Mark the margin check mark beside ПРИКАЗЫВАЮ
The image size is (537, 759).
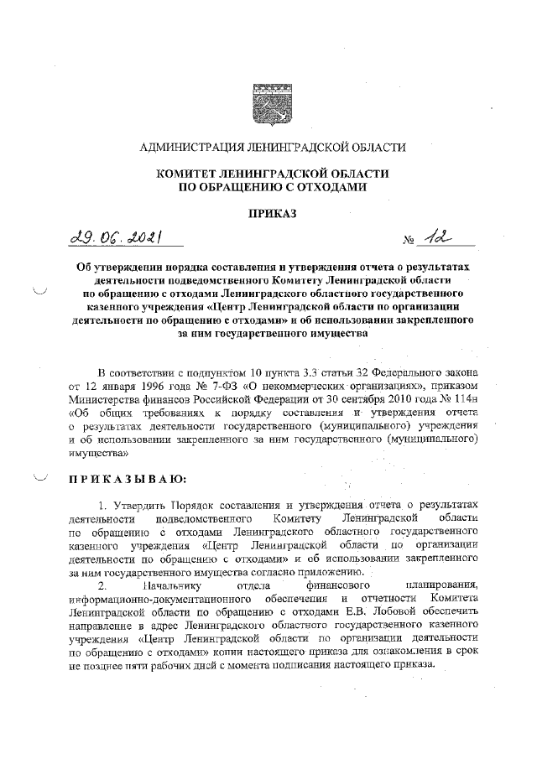40,477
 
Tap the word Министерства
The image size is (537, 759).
104,400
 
